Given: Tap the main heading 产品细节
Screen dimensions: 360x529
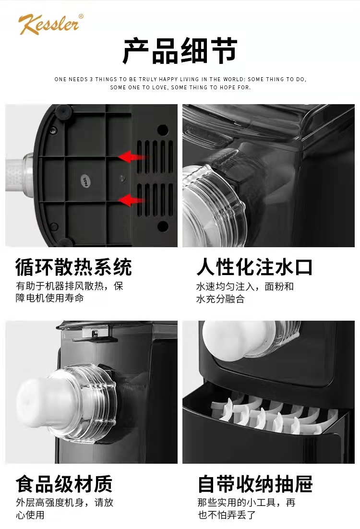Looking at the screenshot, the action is point(180,51).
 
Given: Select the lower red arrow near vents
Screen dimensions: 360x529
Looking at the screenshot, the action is point(132,200).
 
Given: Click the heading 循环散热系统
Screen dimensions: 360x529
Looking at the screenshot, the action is point(73,267).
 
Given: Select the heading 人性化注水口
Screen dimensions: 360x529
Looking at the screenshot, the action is point(255,267).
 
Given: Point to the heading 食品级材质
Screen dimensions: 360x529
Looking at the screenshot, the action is point(64,484).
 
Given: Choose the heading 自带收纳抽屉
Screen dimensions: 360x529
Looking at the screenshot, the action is point(255,484).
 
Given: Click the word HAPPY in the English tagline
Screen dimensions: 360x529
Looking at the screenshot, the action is point(168,79).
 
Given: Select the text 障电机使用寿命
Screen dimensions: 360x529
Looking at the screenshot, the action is point(50,298).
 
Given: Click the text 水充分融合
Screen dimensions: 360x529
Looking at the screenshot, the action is point(220,299).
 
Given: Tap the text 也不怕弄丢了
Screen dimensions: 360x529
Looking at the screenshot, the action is point(227,515).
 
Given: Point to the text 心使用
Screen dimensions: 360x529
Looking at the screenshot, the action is point(30,515).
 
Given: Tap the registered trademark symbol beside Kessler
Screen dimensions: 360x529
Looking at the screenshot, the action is point(81,16).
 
